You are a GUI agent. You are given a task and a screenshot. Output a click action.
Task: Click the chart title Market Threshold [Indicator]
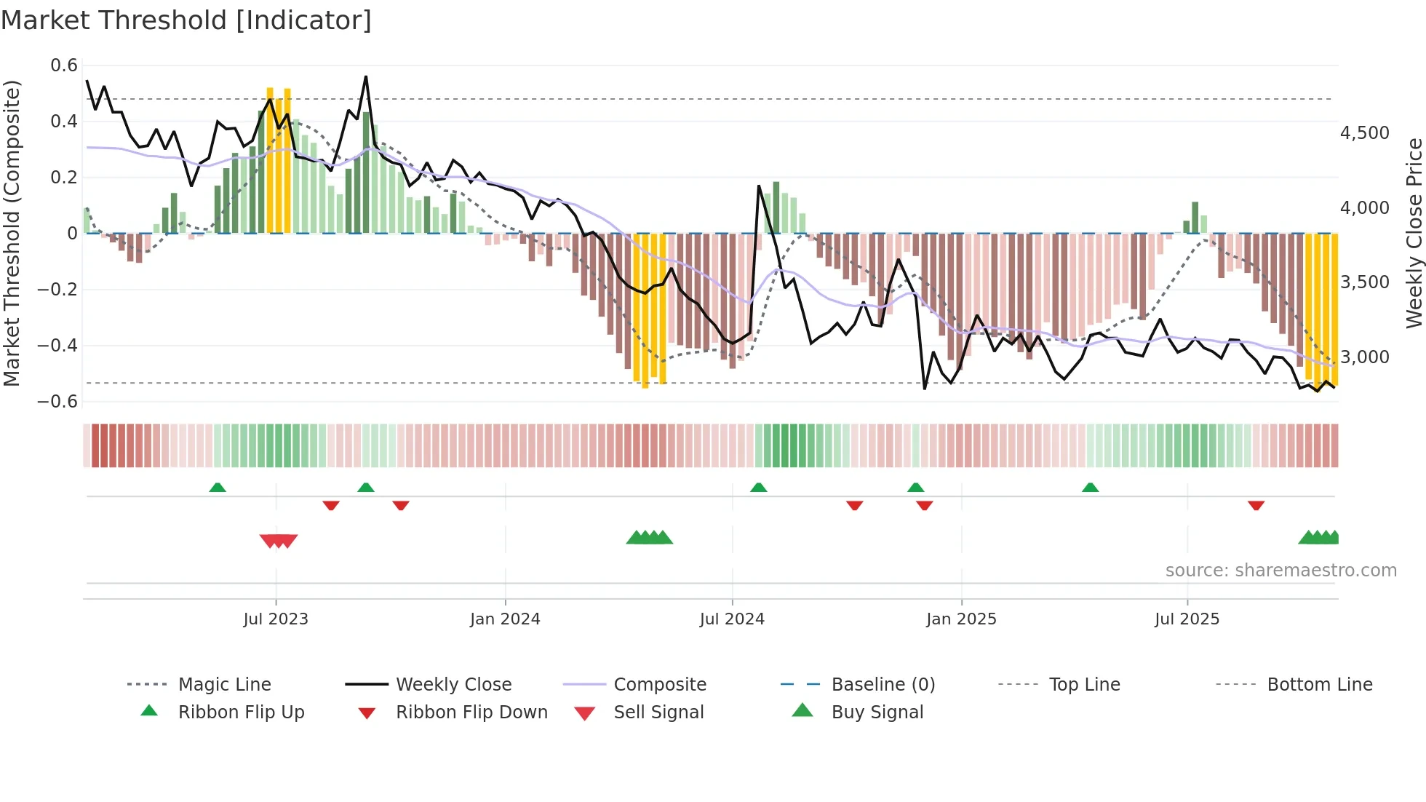(186, 20)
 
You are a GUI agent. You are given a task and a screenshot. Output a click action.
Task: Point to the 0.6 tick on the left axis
(64, 65)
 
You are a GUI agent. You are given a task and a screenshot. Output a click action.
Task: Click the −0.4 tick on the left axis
(57, 345)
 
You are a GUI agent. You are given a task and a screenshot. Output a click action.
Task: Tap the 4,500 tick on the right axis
(1364, 133)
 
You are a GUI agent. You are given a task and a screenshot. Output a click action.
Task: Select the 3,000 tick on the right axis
(1364, 357)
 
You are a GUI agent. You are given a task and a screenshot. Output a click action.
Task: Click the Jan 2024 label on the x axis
(505, 619)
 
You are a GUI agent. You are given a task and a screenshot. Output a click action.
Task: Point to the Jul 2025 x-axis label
(1187, 619)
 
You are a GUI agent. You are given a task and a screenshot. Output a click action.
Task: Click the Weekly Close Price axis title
(1414, 233)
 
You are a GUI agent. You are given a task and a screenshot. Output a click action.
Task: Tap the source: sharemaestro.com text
(1280, 570)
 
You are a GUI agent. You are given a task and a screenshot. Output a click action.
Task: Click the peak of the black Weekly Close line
(366, 76)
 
